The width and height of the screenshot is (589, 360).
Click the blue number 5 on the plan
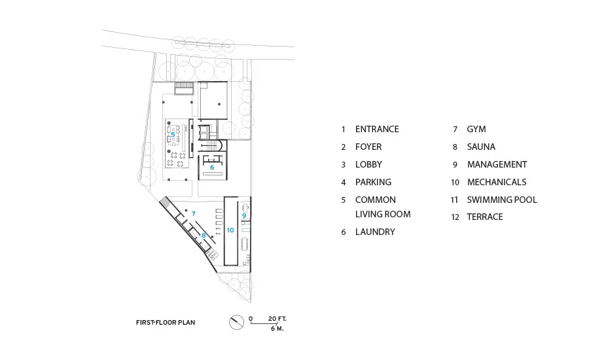click(x=173, y=134)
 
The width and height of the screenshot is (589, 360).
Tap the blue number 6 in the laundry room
click(x=212, y=167)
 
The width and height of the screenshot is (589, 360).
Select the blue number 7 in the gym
click(x=194, y=213)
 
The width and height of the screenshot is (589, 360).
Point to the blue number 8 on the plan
click(x=204, y=236)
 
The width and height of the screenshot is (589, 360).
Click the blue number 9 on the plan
click(x=244, y=216)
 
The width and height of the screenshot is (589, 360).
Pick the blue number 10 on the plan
click(x=230, y=230)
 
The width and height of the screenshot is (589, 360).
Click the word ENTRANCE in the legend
click(x=377, y=129)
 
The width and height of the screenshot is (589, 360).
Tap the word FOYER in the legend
click(x=368, y=147)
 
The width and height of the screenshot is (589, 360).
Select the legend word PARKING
click(x=374, y=182)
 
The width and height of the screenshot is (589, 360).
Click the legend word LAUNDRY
click(x=375, y=232)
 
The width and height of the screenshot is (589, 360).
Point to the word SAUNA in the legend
click(x=481, y=147)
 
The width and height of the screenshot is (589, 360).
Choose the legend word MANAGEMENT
click(x=497, y=164)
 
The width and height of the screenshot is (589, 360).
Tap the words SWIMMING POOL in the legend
click(x=502, y=200)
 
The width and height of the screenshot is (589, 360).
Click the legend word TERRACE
click(x=485, y=217)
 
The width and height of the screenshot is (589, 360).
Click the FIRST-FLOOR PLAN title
click(x=166, y=323)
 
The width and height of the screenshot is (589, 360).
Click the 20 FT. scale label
click(x=277, y=319)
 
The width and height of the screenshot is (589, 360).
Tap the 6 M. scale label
click(x=277, y=329)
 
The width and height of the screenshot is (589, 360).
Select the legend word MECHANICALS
click(x=497, y=182)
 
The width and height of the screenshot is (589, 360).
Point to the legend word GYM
click(x=476, y=129)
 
